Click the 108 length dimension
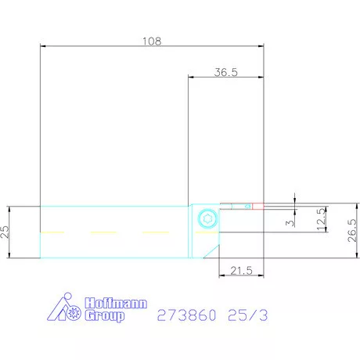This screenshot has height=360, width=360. tap(153, 41)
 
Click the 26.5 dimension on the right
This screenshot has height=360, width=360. tap(352, 232)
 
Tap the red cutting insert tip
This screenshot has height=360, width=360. tap(259, 207)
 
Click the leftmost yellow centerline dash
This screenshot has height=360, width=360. tap(53, 232)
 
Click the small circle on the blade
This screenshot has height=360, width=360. tap(247, 206)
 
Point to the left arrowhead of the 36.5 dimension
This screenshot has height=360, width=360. tap(191, 77)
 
